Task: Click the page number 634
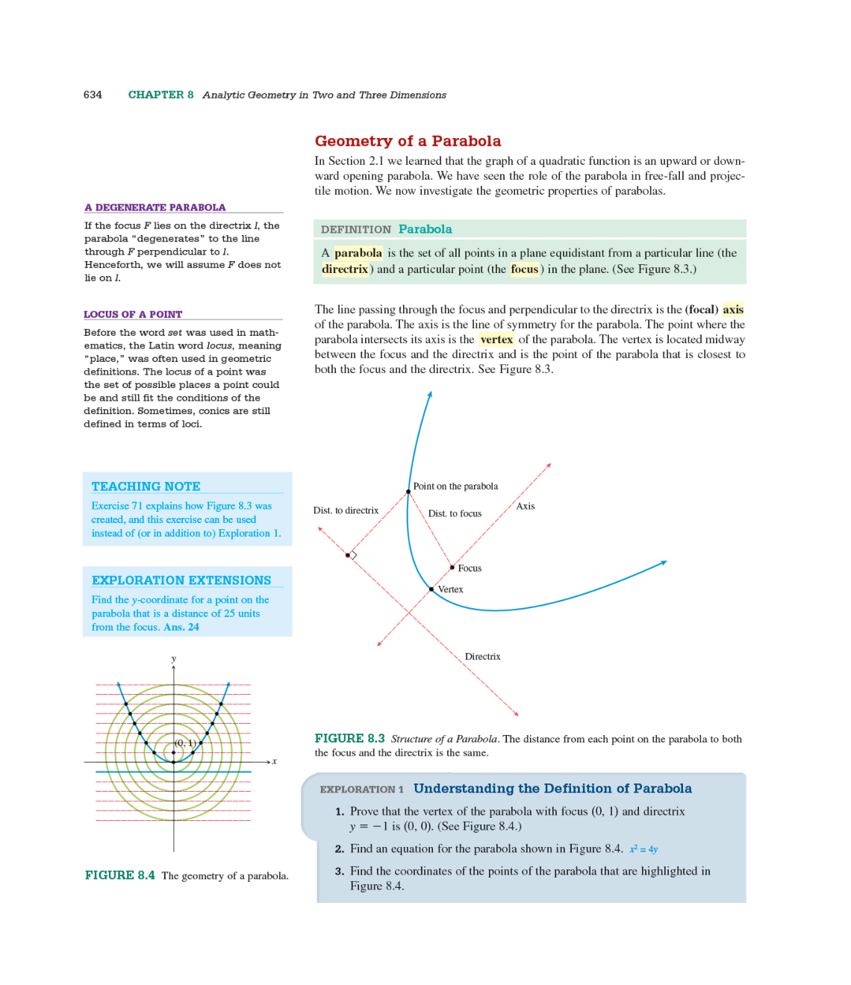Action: point(93,95)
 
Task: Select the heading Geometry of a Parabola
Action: point(408,141)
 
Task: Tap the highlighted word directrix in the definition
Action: point(345,269)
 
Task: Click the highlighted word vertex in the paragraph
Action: point(496,340)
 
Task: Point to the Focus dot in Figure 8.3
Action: point(452,567)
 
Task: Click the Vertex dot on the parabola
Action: point(431,589)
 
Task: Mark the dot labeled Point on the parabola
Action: point(408,492)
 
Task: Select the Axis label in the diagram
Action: point(526,506)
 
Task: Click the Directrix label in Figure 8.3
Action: point(482,657)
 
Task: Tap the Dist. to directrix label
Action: point(346,510)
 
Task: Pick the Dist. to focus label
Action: point(455,513)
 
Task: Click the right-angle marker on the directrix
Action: point(352,555)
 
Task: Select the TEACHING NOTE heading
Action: point(146,487)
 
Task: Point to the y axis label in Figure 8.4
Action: point(174,659)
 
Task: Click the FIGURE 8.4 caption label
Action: point(119,875)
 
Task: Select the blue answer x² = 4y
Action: point(643,849)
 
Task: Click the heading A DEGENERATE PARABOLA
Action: point(155,207)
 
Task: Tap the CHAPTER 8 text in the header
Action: point(160,95)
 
